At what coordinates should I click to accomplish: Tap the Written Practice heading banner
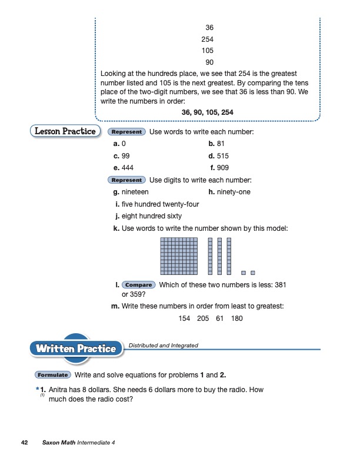(x=76, y=349)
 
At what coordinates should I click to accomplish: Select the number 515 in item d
(x=222, y=156)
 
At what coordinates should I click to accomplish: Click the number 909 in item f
(x=223, y=168)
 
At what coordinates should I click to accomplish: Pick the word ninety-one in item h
(x=234, y=192)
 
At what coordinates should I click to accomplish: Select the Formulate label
(x=53, y=374)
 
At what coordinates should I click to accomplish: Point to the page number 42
(x=24, y=442)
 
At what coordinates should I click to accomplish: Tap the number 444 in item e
(x=128, y=168)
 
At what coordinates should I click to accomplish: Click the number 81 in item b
(x=221, y=144)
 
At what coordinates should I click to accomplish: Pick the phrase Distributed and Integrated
(x=163, y=345)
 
